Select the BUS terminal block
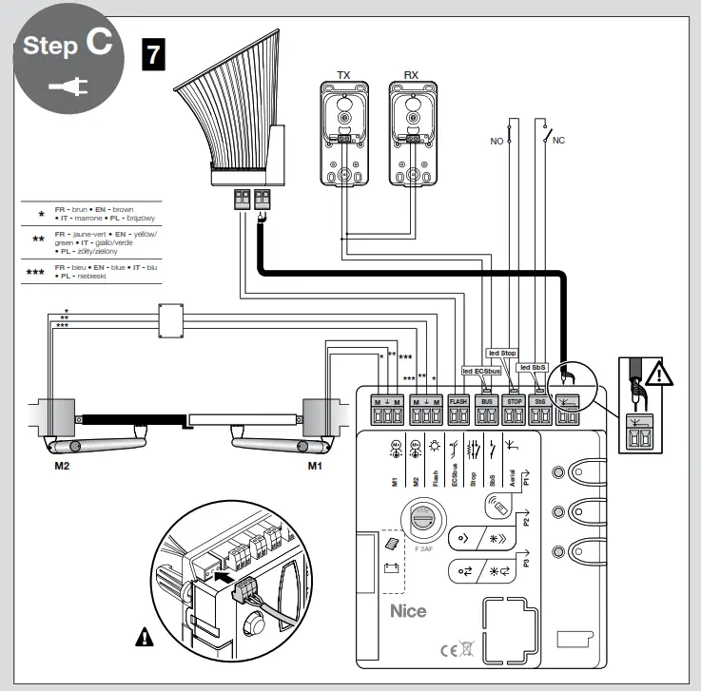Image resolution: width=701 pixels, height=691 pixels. pyautogui.click(x=485, y=410)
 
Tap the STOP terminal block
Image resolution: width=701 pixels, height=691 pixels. pyautogui.click(x=514, y=410)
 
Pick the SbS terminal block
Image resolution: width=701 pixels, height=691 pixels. pyautogui.click(x=541, y=410)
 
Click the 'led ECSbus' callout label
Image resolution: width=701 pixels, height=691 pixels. pyautogui.click(x=480, y=371)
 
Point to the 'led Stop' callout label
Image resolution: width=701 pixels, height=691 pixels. pyautogui.click(x=501, y=353)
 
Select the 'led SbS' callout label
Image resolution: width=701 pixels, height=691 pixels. pyautogui.click(x=533, y=367)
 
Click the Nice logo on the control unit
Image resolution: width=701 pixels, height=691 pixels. pyautogui.click(x=409, y=611)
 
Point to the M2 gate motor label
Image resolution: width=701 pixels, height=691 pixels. pyautogui.click(x=63, y=467)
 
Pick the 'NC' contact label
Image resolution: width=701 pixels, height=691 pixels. pyautogui.click(x=558, y=139)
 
